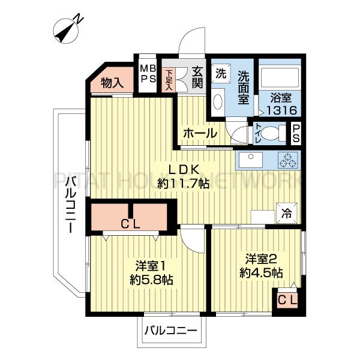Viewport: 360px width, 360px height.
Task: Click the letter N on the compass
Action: point(79,19)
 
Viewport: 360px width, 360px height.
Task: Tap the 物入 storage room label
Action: point(113,83)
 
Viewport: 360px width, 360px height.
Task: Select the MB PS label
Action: point(148,74)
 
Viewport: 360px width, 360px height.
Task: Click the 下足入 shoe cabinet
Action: point(169,80)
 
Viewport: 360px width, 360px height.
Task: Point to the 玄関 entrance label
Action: point(197,77)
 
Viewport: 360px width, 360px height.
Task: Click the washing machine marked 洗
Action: point(221,74)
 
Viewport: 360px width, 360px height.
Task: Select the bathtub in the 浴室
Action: point(280,77)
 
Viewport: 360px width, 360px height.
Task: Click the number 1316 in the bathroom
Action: point(282,111)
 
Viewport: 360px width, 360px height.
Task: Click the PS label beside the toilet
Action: point(296,133)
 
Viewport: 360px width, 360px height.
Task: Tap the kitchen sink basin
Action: point(251,160)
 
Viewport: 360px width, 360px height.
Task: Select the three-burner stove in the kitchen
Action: point(288,160)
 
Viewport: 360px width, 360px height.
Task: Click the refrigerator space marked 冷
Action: point(287,213)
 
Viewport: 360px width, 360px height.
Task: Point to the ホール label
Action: point(200,133)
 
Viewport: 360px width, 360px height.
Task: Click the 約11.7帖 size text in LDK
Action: point(183,184)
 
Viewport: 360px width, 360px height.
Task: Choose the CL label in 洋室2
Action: point(287,299)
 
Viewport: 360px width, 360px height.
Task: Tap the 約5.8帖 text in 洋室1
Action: point(151,280)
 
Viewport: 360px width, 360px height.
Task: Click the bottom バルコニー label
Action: point(171,331)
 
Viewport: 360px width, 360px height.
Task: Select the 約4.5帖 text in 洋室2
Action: point(261,273)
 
